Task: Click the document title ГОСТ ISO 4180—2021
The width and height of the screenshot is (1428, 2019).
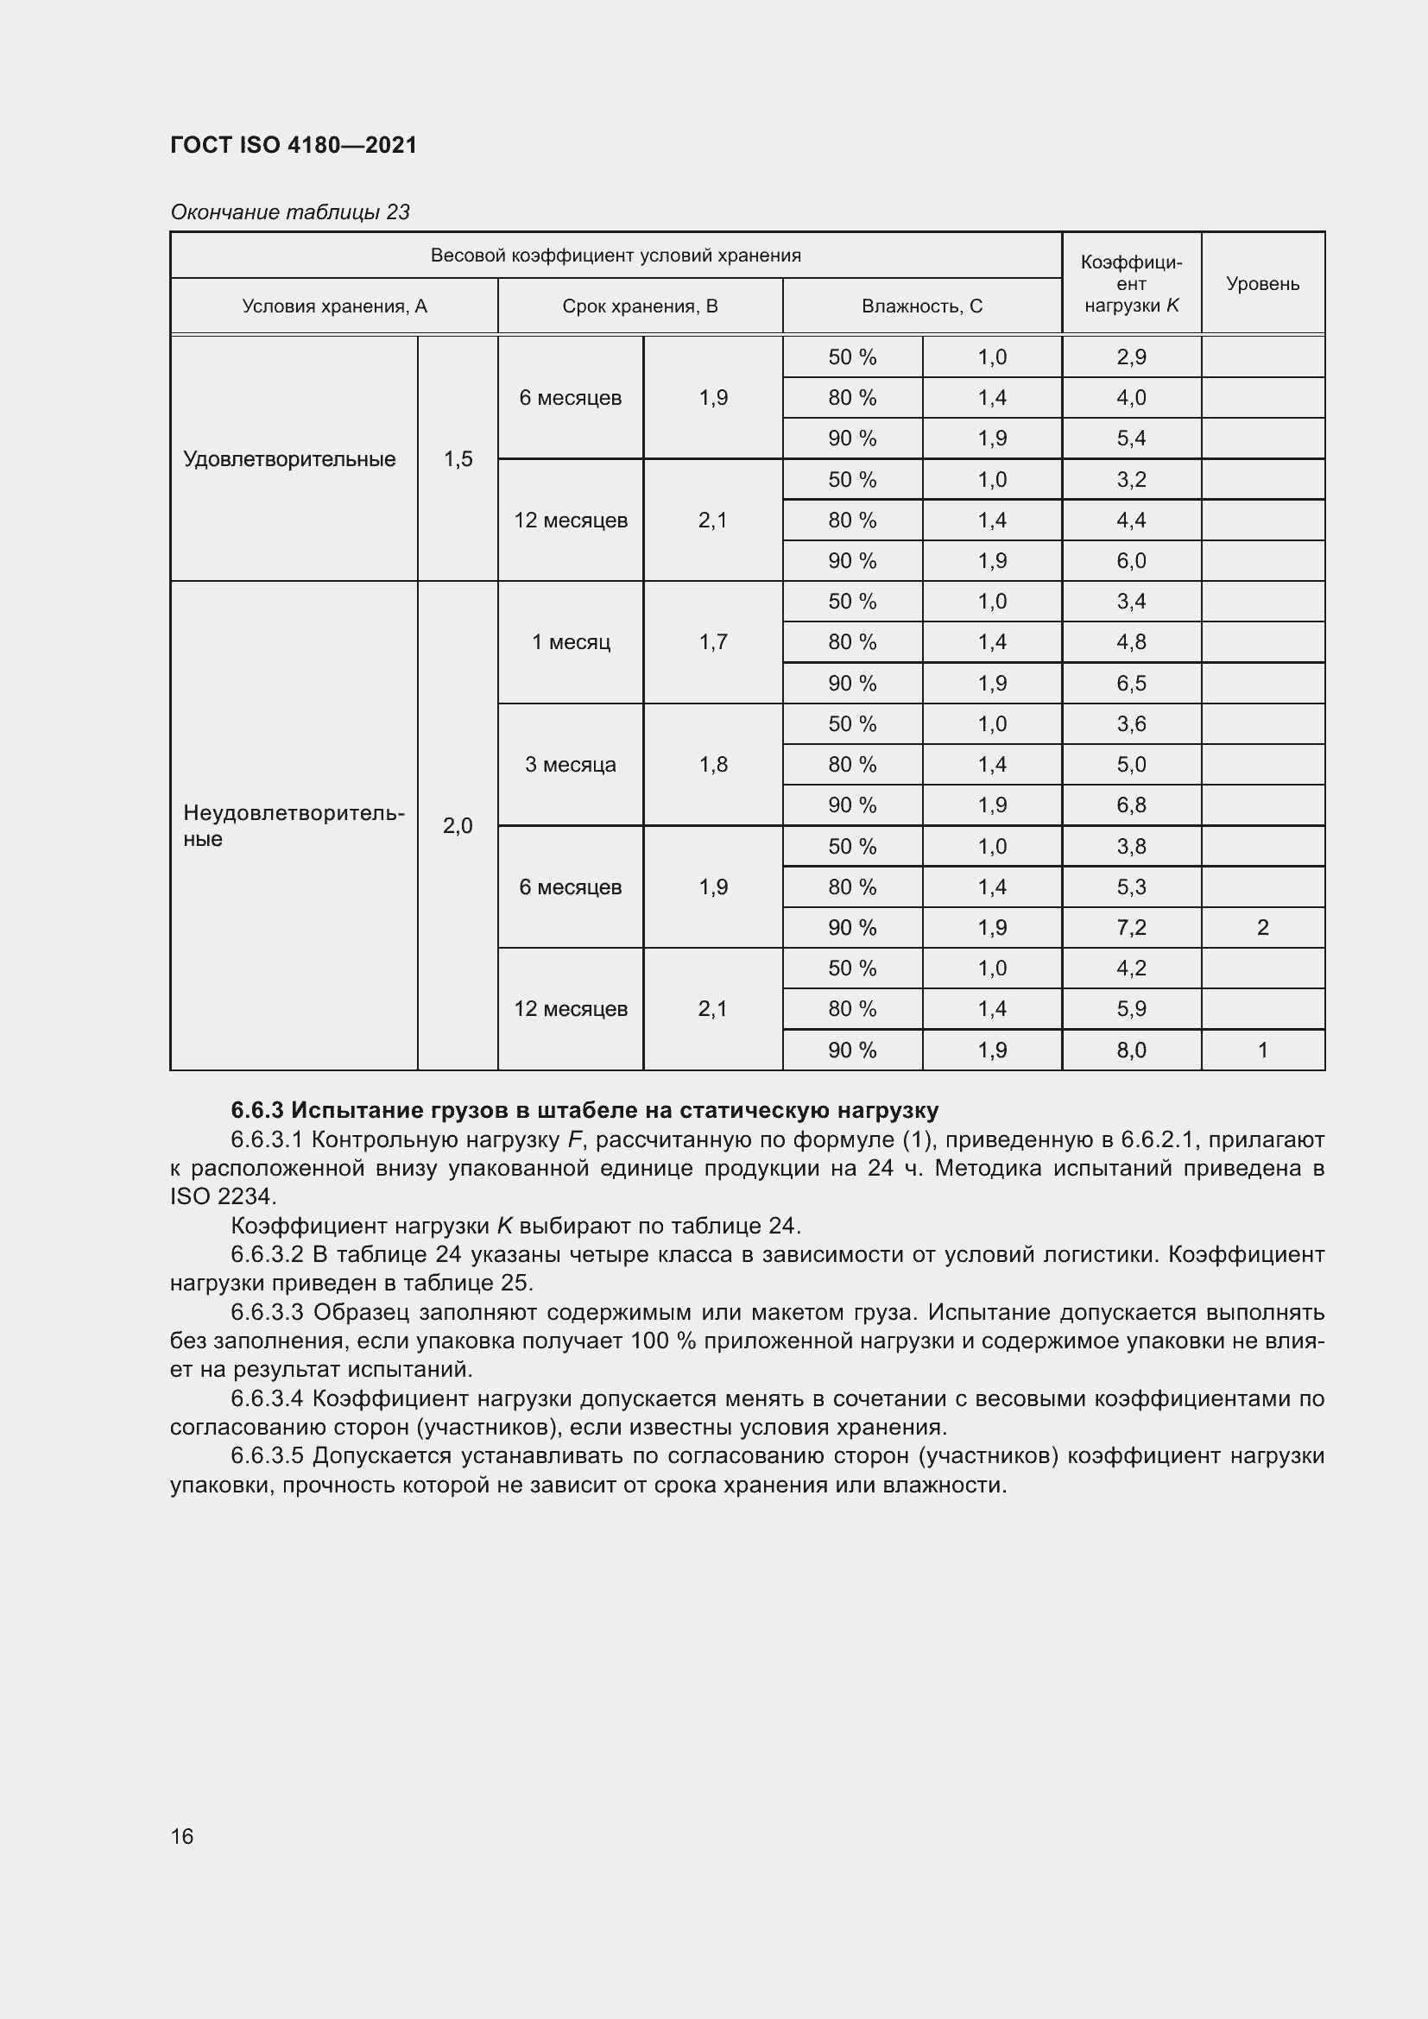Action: coord(293,145)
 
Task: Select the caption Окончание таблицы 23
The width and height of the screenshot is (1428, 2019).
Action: coord(289,212)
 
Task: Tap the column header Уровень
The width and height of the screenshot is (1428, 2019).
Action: coord(1262,283)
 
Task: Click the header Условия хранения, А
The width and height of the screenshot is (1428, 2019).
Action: coord(334,306)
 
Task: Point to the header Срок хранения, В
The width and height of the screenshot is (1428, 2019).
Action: coord(640,306)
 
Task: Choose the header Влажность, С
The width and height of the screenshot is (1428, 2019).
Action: coord(921,306)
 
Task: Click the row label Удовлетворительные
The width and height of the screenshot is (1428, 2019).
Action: coord(289,459)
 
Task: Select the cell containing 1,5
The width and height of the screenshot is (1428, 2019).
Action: coord(458,459)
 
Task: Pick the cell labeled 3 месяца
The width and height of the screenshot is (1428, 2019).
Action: coord(570,764)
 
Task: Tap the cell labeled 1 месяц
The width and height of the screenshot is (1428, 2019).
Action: coord(570,642)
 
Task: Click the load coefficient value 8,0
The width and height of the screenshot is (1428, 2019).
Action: coord(1131,1050)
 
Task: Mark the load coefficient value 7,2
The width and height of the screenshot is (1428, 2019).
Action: coord(1131,928)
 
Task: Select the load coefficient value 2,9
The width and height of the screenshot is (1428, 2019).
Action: coord(1131,357)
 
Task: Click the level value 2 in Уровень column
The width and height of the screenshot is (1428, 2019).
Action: coord(1262,928)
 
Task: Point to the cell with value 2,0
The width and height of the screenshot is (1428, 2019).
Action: coord(458,826)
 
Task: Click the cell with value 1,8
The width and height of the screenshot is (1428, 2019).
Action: coord(712,764)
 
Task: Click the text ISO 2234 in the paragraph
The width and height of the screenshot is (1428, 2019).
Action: coord(222,1196)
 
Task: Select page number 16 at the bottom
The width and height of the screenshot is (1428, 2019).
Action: coord(182,1836)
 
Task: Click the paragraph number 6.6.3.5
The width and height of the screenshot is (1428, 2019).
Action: coord(267,1455)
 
